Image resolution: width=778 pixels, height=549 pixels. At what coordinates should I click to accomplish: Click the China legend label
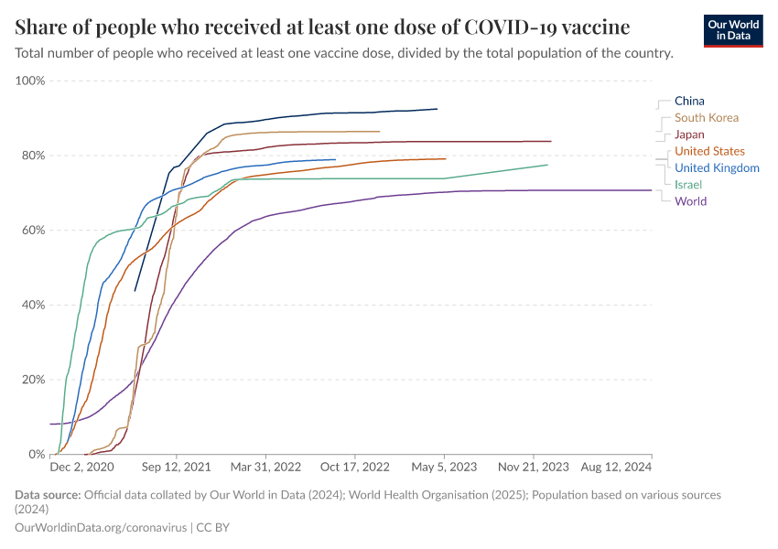click(689, 101)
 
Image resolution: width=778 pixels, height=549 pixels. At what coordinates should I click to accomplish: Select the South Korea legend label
click(706, 117)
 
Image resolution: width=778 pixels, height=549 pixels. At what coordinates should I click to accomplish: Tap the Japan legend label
click(689, 135)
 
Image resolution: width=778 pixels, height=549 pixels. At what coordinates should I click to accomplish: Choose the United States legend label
click(709, 151)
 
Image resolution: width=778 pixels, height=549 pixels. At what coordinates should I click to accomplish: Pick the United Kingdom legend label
click(717, 167)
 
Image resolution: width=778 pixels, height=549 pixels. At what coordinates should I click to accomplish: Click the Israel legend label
click(687, 185)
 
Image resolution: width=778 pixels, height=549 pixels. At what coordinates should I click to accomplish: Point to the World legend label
click(690, 201)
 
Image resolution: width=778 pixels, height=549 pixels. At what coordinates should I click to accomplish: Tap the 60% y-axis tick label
click(32, 230)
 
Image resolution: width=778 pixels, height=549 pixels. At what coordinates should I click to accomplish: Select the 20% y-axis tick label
click(32, 379)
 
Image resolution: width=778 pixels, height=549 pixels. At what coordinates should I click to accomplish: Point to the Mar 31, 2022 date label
click(265, 467)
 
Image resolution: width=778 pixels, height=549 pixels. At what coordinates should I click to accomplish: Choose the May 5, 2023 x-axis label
click(445, 467)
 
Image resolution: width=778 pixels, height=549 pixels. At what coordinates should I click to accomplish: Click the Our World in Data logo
click(733, 30)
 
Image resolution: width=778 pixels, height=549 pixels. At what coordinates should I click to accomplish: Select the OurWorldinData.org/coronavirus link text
click(101, 528)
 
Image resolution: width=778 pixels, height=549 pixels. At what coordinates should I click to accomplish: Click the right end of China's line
click(437, 109)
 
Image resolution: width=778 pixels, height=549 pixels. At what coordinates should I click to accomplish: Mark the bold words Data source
click(48, 495)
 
